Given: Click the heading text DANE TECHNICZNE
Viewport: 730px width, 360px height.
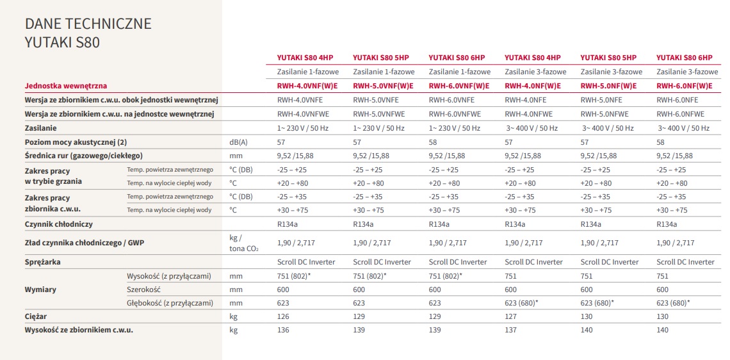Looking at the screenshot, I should (x=88, y=24).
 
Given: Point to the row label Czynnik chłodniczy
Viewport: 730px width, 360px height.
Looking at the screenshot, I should (x=59, y=224).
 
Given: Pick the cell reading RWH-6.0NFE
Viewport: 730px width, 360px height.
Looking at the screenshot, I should (x=677, y=100).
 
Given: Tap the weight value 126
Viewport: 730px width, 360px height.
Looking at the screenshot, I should (x=283, y=316).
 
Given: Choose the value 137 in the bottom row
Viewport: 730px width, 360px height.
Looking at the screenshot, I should (x=510, y=330).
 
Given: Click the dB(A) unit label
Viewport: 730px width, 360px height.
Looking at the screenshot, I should (x=238, y=142).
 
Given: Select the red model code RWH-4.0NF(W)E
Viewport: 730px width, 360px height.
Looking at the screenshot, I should (x=533, y=86).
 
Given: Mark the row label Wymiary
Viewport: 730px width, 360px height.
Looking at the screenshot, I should (x=40, y=290).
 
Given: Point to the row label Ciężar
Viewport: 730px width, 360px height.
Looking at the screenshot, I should (x=36, y=316).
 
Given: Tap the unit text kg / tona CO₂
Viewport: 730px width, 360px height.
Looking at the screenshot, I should (x=243, y=243).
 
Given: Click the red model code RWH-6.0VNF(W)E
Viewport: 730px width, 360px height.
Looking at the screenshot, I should (x=458, y=86).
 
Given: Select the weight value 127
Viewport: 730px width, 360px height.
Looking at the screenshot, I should (x=510, y=316).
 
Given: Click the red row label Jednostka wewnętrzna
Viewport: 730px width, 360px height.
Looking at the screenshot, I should (x=65, y=86).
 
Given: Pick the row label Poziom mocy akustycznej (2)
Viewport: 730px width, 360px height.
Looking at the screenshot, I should (x=76, y=142).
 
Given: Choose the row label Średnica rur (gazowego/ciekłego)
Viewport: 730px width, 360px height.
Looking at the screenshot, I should (x=83, y=156).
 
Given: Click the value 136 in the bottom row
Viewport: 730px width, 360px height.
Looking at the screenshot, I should (x=283, y=330).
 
